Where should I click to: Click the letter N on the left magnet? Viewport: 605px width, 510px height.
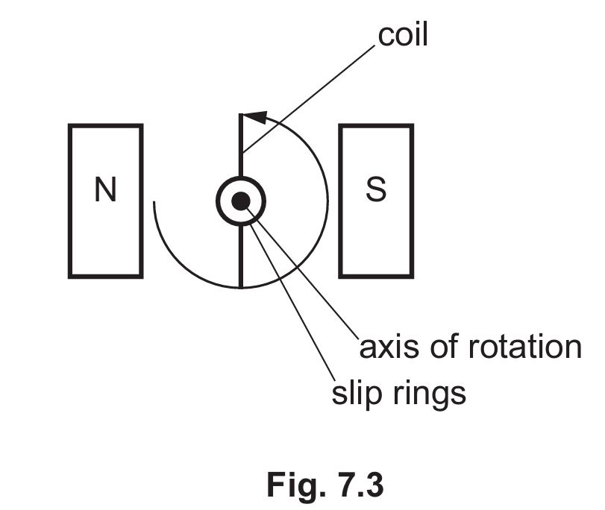(x=106, y=192)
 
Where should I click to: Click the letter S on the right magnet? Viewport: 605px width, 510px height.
(x=376, y=192)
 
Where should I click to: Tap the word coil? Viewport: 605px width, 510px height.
(x=404, y=36)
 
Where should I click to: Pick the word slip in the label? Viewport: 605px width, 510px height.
(x=356, y=392)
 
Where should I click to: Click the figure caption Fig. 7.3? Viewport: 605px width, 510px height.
(x=325, y=485)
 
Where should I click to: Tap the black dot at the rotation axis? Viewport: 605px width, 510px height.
(x=240, y=200)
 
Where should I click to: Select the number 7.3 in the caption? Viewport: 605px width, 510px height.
(x=357, y=485)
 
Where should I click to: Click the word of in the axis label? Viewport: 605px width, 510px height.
(x=444, y=347)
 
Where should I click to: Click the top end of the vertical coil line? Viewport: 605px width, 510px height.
(x=240, y=116)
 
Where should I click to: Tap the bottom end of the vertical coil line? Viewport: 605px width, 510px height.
(x=240, y=285)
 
